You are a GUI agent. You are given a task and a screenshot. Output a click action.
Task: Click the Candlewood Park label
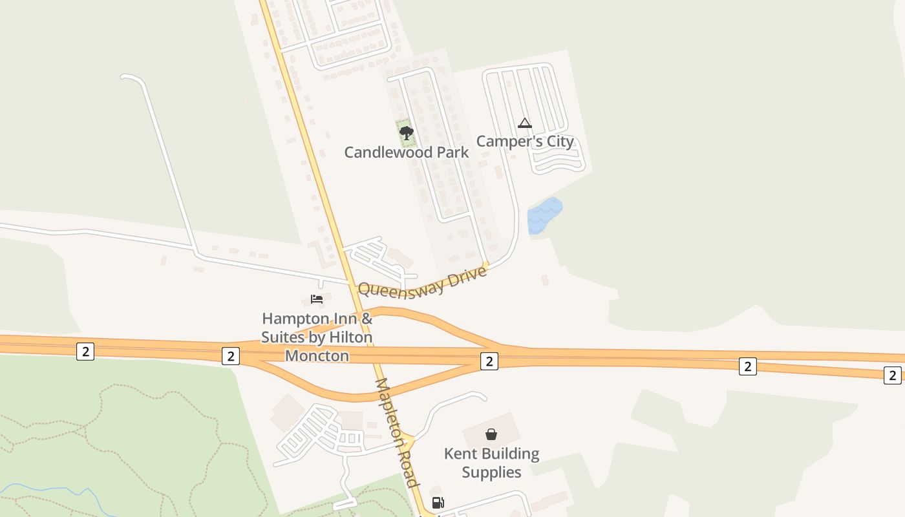[406, 153]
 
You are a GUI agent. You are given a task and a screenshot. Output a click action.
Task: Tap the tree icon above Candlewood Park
[406, 133]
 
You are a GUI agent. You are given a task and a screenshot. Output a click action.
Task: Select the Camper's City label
[525, 141]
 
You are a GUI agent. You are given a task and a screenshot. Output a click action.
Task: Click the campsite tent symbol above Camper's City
[525, 123]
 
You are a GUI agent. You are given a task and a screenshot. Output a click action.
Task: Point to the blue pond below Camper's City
[544, 215]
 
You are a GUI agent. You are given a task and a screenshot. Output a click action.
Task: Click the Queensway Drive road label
[421, 282]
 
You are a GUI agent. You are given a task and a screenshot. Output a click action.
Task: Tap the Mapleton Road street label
[397, 433]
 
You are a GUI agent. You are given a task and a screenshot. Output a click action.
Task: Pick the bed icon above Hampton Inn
[317, 299]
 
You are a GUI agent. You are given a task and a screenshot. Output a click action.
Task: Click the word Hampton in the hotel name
[294, 319]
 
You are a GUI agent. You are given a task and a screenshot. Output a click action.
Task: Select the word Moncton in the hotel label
[317, 355]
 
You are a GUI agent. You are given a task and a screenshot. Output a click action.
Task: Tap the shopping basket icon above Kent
[491, 434]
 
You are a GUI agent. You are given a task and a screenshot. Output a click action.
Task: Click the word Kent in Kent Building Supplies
[460, 454]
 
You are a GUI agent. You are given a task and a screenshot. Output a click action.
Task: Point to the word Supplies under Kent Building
[491, 472]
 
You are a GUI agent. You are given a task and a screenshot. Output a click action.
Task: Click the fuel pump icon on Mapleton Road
[438, 503]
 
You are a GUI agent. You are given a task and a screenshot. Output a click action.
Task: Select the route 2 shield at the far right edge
[892, 375]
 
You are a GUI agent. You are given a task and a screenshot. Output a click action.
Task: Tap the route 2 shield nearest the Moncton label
[231, 355]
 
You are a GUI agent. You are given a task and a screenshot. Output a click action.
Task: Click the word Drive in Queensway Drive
[467, 275]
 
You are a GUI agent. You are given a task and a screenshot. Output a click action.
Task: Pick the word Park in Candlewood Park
[453, 153]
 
